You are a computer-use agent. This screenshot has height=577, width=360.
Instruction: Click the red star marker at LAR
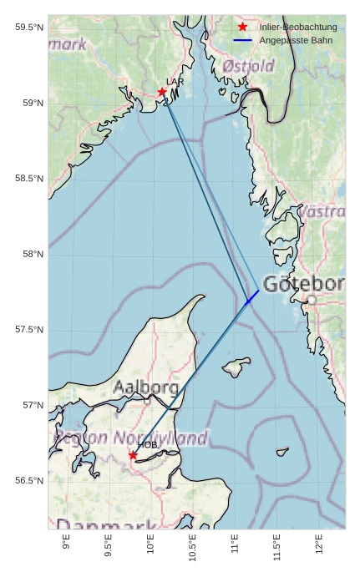(163, 92)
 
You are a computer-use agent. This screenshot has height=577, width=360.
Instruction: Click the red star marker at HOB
(133, 455)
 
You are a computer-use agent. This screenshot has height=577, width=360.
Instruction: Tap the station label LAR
(175, 82)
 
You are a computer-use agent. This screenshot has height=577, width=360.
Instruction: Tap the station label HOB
(148, 445)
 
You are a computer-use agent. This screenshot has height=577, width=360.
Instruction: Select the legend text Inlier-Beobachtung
(298, 28)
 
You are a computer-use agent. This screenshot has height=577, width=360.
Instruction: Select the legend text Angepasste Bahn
(296, 40)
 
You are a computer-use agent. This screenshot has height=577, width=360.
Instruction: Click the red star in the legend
(242, 28)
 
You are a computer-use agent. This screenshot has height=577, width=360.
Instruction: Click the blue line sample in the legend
(242, 40)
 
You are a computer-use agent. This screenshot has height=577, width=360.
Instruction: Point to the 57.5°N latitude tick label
(27, 330)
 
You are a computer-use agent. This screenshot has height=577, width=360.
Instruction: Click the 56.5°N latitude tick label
(27, 481)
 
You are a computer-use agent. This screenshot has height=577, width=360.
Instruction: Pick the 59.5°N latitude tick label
(27, 28)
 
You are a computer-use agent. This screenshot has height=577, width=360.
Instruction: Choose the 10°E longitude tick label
(150, 544)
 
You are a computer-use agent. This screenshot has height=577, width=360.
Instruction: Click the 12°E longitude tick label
(319, 544)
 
